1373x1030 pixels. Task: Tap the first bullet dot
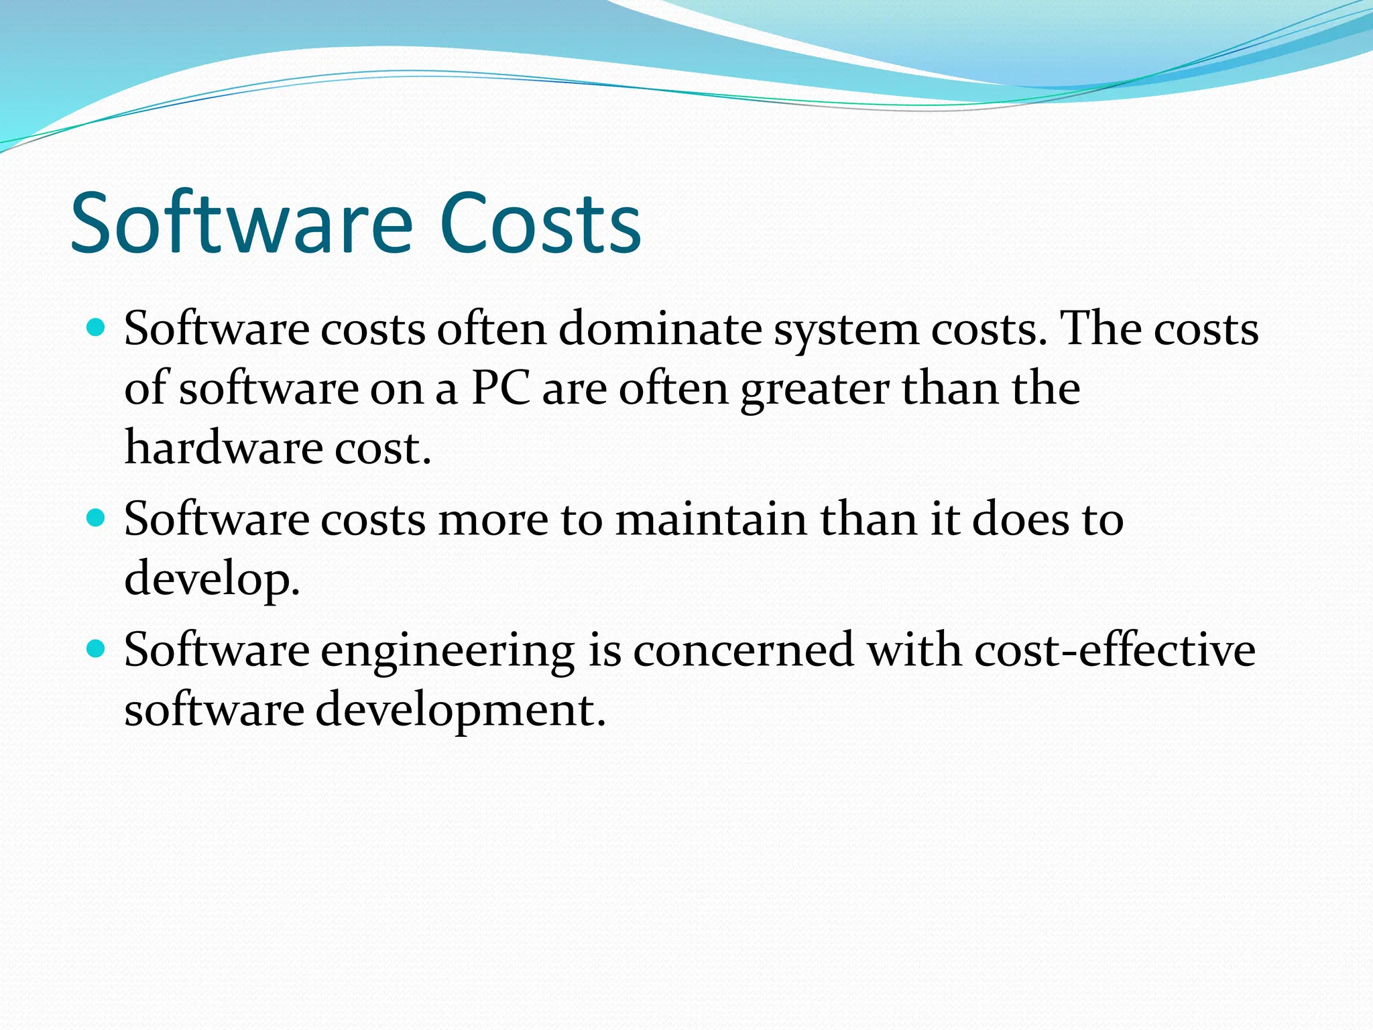click(x=97, y=329)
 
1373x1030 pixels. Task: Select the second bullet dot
click(x=97, y=518)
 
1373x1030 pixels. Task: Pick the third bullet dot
click(x=97, y=649)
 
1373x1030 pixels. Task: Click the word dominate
click(x=660, y=329)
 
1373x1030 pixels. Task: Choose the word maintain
click(x=711, y=520)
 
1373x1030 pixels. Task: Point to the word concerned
click(x=743, y=650)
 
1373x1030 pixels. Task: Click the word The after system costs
click(x=1101, y=329)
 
